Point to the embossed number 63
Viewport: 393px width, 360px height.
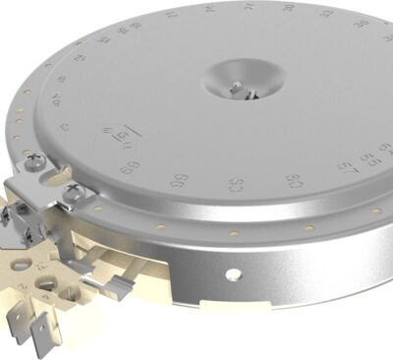pos(237,185)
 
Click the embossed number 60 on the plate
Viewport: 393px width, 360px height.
pos(293,181)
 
